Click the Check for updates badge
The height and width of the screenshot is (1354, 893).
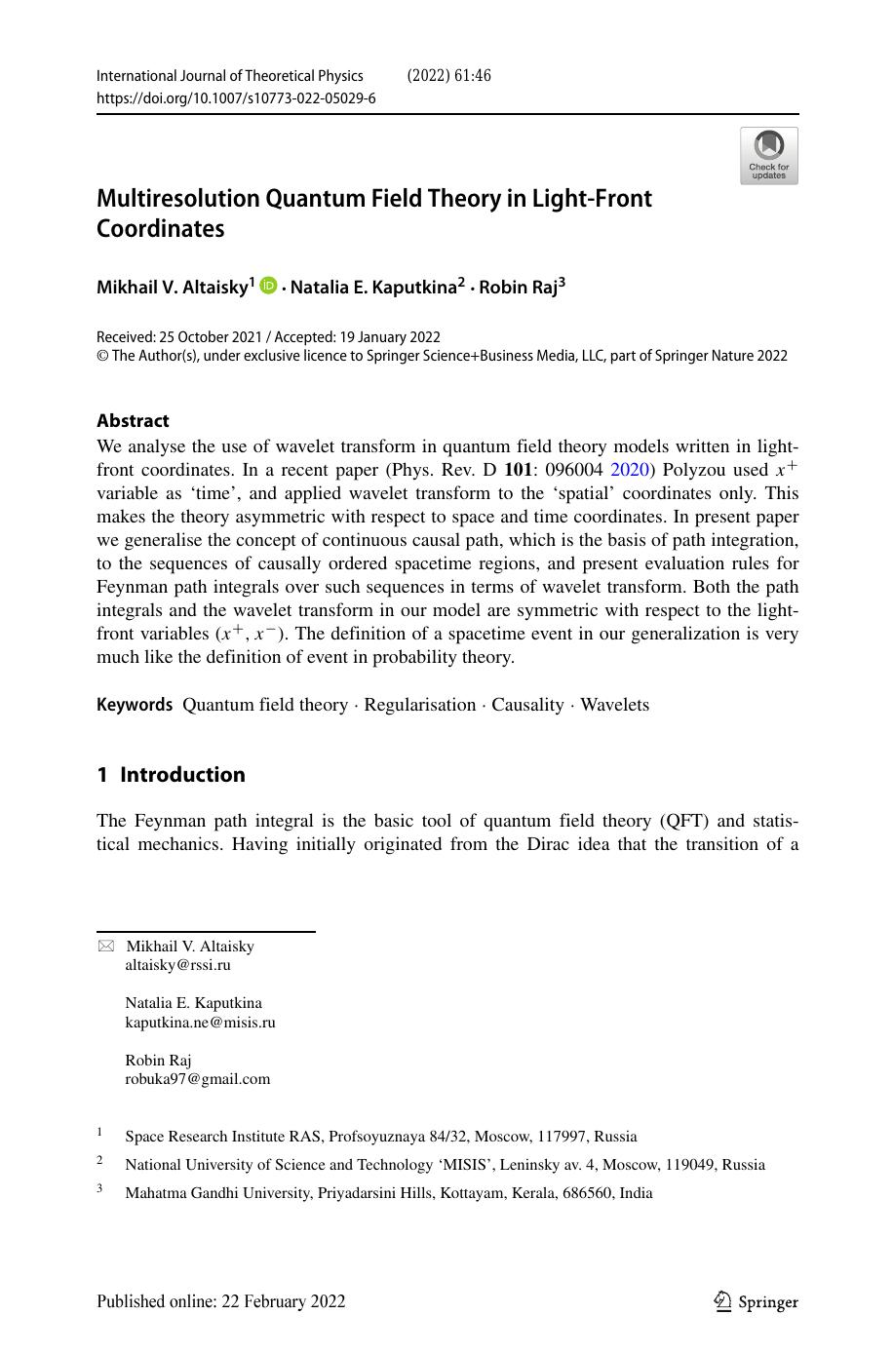tap(768, 156)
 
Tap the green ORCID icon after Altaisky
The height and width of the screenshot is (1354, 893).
tap(268, 285)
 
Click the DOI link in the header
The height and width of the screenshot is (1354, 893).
tap(236, 98)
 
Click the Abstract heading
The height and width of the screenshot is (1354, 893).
tap(133, 421)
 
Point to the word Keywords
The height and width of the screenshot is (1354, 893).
tap(135, 705)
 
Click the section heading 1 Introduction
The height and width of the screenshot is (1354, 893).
tap(171, 775)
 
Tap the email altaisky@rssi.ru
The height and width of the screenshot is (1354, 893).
tap(177, 965)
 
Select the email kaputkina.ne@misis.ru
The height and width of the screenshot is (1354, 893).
tap(200, 1023)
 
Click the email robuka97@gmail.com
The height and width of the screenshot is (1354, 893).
tap(197, 1079)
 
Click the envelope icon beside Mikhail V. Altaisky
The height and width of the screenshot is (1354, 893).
tap(105, 947)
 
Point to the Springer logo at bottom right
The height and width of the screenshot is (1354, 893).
tap(757, 1301)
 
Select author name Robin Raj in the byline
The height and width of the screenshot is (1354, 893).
tap(518, 287)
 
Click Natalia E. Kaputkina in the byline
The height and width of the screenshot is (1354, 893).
tap(373, 287)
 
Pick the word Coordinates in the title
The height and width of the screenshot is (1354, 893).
tap(160, 229)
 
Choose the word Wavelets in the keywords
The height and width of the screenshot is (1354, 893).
tap(614, 705)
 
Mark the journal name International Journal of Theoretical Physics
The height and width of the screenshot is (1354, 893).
tap(229, 76)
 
